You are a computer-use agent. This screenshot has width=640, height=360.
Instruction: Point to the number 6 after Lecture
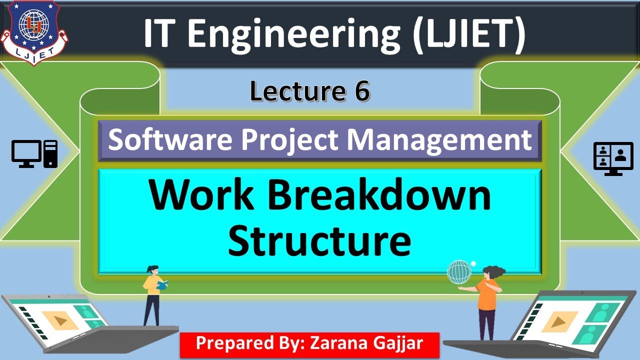(x=362, y=91)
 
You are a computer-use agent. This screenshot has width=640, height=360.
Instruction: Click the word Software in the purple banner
(x=170, y=140)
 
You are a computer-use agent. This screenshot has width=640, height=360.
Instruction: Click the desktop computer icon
(x=34, y=153)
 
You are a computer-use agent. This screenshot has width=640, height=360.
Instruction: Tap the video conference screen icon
(x=609, y=158)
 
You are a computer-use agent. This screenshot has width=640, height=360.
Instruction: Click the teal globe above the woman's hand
(x=459, y=272)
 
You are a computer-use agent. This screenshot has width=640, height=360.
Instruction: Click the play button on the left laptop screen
(x=60, y=320)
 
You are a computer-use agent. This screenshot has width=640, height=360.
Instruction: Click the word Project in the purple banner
(x=292, y=140)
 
